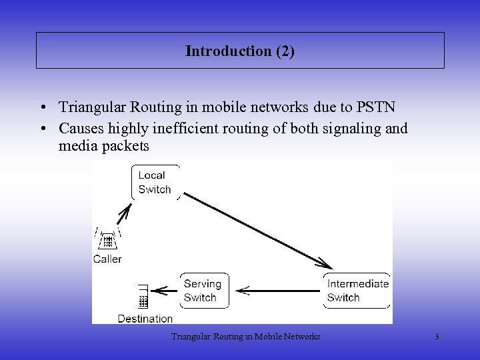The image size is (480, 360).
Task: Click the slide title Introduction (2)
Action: (240, 51)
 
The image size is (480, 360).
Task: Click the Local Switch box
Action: (155, 182)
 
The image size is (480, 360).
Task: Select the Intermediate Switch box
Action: (357, 291)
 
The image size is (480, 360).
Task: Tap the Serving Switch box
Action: (203, 291)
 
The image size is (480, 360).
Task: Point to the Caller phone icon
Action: (107, 240)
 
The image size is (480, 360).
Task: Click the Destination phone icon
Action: (142, 297)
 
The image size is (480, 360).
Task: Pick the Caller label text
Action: (107, 259)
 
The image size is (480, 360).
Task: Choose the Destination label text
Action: (145, 319)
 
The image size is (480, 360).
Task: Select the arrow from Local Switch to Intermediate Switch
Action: (257, 230)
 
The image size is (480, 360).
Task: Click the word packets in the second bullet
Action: (127, 145)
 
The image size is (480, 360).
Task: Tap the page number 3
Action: (437, 337)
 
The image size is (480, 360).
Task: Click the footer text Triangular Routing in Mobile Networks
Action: (245, 337)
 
